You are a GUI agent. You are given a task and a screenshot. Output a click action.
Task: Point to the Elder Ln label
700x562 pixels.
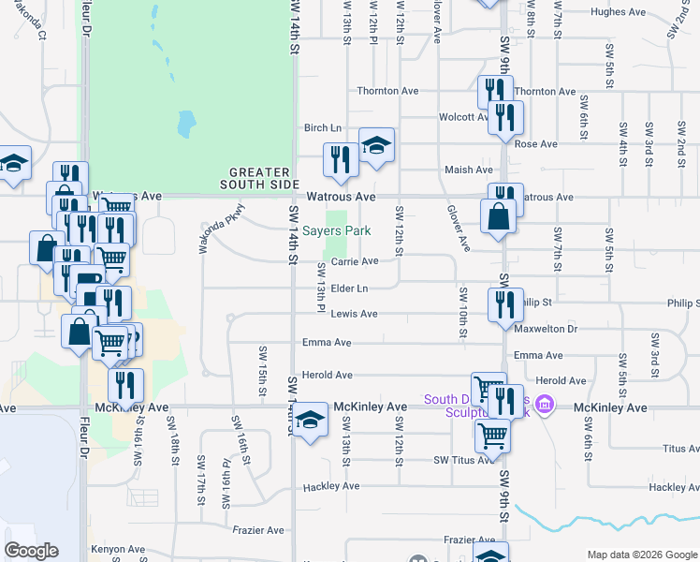349,288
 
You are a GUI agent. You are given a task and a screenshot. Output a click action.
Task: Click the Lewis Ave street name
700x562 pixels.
355,314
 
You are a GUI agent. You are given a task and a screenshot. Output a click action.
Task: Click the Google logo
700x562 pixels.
31,551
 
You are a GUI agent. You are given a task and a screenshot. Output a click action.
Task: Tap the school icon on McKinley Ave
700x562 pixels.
311,422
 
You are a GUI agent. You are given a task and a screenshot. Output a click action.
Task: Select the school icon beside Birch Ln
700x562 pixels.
376,147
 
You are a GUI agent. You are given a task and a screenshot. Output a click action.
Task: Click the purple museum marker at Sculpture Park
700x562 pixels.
547,406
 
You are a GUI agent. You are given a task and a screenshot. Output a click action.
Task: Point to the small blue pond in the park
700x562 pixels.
186,123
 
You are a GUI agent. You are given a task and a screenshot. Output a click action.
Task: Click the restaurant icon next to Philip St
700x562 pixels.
503,304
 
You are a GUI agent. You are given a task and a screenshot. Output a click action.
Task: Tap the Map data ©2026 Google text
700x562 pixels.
641,555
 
